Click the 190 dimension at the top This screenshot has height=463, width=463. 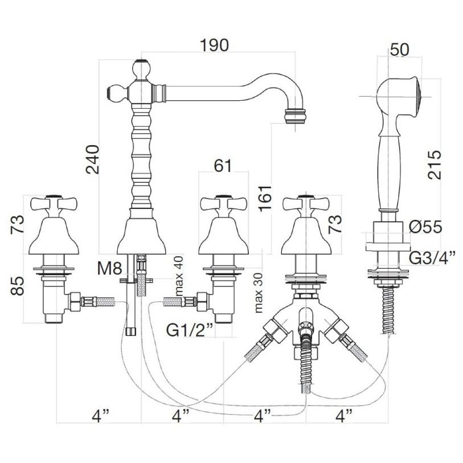[x=214, y=45]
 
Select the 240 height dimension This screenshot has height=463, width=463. [x=92, y=159]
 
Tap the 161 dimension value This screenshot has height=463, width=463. [x=265, y=198]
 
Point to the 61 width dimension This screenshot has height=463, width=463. [x=223, y=166]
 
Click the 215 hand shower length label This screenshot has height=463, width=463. [x=434, y=165]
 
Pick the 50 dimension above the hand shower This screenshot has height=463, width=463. [x=400, y=50]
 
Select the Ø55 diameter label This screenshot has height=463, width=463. [x=425, y=227]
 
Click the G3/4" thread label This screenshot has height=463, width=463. [x=432, y=257]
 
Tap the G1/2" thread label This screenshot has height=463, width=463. [x=190, y=330]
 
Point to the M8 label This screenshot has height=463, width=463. [x=109, y=269]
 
